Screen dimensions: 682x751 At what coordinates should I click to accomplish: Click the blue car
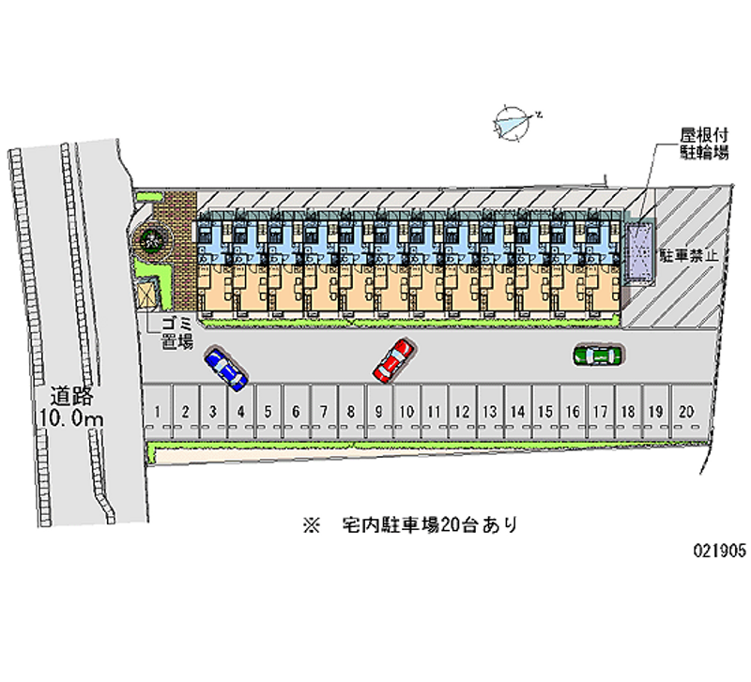click(226, 369)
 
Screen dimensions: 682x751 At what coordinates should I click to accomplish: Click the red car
click(394, 359)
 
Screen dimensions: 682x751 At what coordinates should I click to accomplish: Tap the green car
click(598, 355)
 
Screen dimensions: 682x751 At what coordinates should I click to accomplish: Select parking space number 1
click(160, 411)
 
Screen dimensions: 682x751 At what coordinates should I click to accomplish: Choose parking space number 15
click(544, 411)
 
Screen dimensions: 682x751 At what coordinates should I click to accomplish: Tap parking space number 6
click(296, 411)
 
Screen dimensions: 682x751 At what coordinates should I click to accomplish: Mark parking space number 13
click(489, 411)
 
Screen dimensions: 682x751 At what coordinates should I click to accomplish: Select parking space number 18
click(627, 411)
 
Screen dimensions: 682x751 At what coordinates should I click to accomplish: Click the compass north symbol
click(514, 122)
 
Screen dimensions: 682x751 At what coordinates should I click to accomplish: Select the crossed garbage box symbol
click(148, 293)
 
